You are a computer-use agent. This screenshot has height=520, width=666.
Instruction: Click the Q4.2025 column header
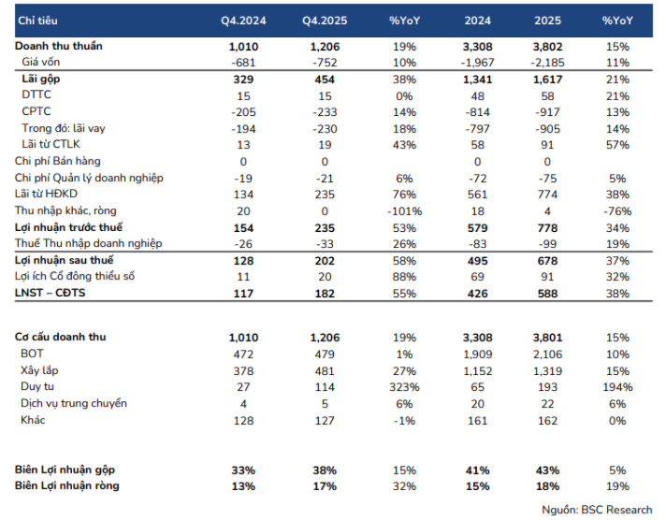[x=325, y=21]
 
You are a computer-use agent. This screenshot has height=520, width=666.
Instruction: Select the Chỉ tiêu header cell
[x=37, y=21]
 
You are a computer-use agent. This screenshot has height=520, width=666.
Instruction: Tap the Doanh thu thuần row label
[x=59, y=46]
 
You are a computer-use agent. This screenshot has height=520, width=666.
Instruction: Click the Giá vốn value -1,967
[x=477, y=63]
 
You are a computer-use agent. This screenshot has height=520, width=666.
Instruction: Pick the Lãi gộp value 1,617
[x=547, y=79]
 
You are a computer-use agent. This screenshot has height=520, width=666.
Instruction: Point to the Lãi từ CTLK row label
[x=51, y=144]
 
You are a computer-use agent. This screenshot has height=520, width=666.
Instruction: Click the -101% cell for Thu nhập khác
[x=404, y=211]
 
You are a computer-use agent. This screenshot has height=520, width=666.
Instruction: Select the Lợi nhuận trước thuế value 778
[x=547, y=228]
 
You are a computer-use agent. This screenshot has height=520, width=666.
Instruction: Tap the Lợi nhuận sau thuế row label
[x=65, y=260]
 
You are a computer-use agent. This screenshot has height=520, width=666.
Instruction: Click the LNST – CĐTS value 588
[x=547, y=294]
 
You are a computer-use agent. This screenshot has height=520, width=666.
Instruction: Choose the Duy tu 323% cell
[x=404, y=387]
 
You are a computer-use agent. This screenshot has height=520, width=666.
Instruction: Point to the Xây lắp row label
[x=39, y=370]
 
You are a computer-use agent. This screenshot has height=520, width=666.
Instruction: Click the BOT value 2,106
[x=547, y=354]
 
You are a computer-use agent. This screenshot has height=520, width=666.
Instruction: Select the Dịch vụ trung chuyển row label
[x=74, y=403]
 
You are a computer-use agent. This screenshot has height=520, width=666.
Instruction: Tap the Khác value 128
[x=243, y=421]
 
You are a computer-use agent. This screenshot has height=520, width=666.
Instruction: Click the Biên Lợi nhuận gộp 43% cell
[x=547, y=470]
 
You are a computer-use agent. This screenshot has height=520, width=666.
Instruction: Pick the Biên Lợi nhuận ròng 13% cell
[x=243, y=486]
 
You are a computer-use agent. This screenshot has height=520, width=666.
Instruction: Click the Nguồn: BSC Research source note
[x=597, y=510]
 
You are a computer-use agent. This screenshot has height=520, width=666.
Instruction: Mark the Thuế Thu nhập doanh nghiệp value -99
[x=547, y=244]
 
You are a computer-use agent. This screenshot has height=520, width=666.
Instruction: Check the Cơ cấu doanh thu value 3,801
[x=547, y=338]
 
